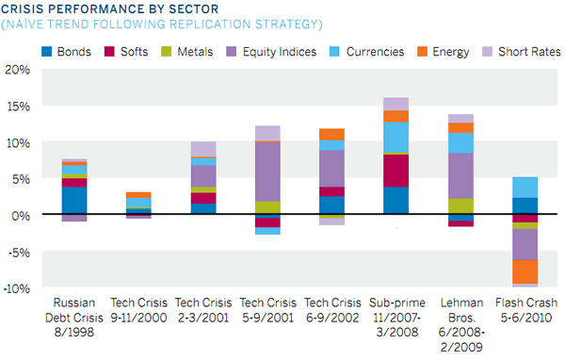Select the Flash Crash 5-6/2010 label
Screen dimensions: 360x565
point(525,310)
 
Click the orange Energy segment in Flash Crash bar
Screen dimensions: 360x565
point(525,271)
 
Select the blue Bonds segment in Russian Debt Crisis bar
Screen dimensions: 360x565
point(75,201)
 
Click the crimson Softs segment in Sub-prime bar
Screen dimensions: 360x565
point(395,171)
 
